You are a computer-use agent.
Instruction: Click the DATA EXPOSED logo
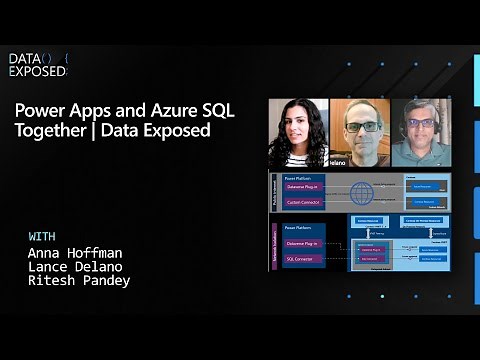coord(38,65)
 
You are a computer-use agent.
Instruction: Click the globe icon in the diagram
coord(361,192)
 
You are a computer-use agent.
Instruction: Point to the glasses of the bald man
coord(357,127)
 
